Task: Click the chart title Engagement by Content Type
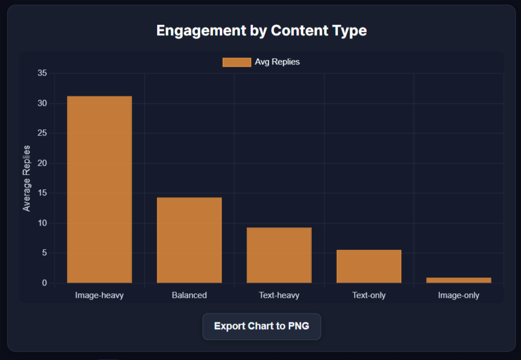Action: (x=261, y=30)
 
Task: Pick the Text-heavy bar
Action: (x=279, y=255)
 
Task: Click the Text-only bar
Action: (x=369, y=266)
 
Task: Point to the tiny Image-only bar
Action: (x=458, y=280)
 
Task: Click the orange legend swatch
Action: (x=237, y=62)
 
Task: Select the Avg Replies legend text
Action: (x=277, y=62)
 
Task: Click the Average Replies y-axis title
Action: (x=27, y=178)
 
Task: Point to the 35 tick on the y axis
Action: (x=43, y=73)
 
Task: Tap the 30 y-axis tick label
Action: (x=43, y=104)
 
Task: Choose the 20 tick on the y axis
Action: (x=43, y=163)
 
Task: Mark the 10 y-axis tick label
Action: (x=43, y=223)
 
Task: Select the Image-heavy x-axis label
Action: (x=100, y=295)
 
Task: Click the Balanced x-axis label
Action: (x=189, y=295)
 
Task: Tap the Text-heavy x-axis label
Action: (x=279, y=295)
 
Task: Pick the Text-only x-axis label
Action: (x=369, y=295)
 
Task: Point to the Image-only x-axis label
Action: (x=458, y=295)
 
